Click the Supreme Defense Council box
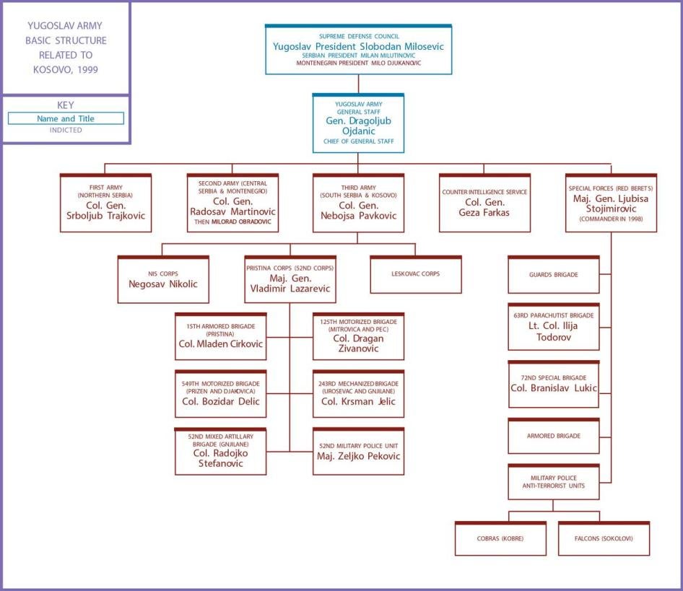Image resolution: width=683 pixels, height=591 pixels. click(358, 49)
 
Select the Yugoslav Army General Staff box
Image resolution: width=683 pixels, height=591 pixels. click(358, 123)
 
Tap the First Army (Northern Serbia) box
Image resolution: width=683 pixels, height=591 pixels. click(105, 203)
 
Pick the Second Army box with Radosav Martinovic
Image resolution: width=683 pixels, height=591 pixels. click(232, 203)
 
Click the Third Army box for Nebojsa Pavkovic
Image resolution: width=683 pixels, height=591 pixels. click(358, 203)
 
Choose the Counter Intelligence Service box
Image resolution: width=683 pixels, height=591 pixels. click(484, 203)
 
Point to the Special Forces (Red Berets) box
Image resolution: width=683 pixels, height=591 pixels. click(611, 203)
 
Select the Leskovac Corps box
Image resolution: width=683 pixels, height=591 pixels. click(415, 274)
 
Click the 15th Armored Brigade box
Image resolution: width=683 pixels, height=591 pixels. click(220, 336)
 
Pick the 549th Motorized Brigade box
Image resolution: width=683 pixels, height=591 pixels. click(220, 394)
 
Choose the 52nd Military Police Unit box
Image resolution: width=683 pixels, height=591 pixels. click(358, 451)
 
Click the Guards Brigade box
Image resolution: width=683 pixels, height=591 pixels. click(554, 274)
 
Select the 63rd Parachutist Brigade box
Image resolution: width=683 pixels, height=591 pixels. click(554, 327)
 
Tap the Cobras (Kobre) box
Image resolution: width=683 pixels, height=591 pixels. click(500, 539)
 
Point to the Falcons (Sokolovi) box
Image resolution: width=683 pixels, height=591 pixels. click(604, 539)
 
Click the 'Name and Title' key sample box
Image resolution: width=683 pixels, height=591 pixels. click(66, 118)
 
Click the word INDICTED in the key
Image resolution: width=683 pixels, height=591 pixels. click(66, 131)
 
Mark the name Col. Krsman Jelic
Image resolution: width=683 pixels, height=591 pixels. click(358, 401)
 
